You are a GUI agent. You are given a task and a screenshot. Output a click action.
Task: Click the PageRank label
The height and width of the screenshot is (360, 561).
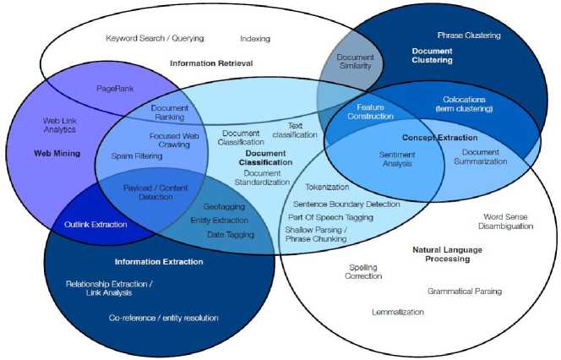(x=115, y=87)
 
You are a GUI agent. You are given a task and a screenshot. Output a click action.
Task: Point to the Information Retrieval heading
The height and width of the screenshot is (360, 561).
(x=210, y=63)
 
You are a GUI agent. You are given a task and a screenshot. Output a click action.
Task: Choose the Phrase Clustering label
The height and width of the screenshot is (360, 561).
(x=469, y=35)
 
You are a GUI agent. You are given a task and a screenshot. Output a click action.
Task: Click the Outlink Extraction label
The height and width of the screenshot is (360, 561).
(x=96, y=224)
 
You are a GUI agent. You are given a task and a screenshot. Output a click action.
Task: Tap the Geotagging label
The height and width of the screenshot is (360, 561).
(x=223, y=206)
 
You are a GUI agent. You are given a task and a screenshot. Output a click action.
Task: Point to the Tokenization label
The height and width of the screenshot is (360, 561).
(x=327, y=188)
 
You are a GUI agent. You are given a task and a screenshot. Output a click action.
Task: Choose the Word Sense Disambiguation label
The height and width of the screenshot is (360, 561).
(x=505, y=221)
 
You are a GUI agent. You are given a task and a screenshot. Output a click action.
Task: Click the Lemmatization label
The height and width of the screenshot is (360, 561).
(x=397, y=312)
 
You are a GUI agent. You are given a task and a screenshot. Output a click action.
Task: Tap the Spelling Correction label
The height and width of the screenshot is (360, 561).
(x=365, y=271)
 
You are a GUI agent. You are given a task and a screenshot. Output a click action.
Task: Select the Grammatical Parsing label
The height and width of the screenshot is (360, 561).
(x=464, y=291)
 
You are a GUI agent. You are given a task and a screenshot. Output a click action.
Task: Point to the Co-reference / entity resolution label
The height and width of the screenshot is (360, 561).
(x=164, y=318)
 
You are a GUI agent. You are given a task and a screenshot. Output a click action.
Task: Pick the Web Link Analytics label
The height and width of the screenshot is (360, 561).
(x=59, y=125)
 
